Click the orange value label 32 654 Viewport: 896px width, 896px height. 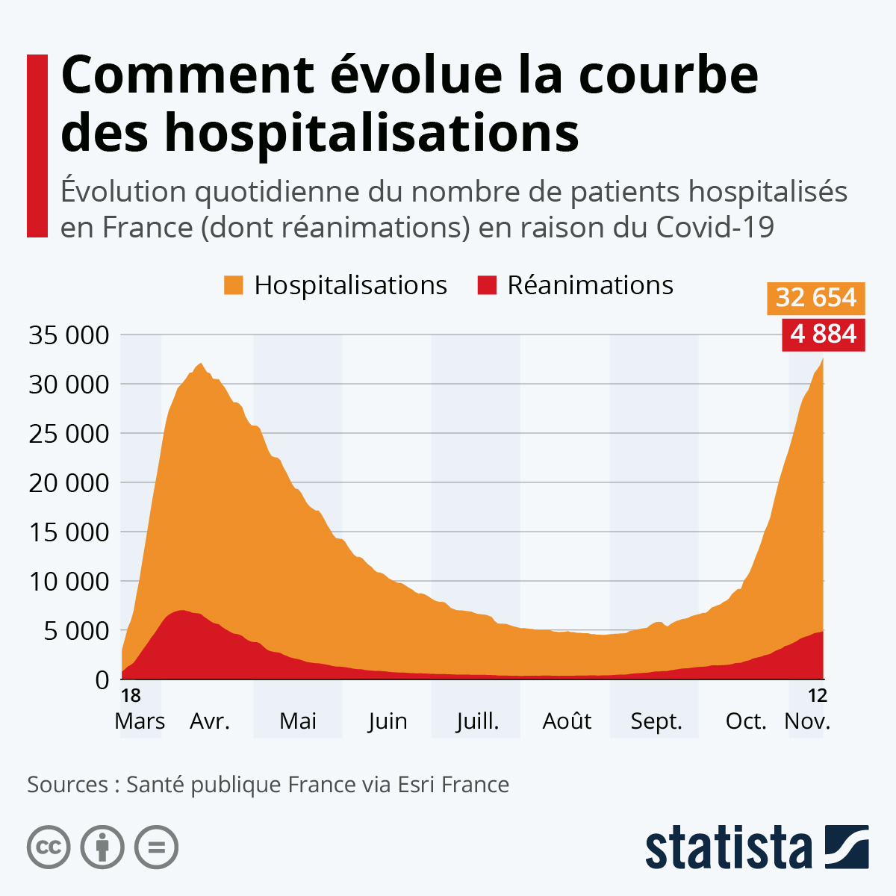tap(815, 298)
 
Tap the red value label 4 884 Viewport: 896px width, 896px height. tap(823, 334)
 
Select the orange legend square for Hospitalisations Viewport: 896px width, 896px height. tap(234, 285)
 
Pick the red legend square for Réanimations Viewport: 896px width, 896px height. tap(487, 285)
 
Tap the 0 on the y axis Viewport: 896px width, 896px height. tap(102, 679)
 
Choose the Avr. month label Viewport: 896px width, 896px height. tap(210, 721)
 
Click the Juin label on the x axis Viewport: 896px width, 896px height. tap(388, 721)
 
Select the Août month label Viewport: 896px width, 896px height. tap(567, 721)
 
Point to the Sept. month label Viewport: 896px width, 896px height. tap(656, 721)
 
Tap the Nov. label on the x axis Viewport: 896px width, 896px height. tap(807, 721)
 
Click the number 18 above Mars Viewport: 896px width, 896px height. tap(131, 696)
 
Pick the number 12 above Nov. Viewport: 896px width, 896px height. tap(818, 696)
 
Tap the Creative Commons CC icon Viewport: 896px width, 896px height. tap(49, 847)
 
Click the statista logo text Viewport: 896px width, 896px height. tap(729, 848)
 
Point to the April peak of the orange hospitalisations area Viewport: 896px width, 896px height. tap(200, 364)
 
